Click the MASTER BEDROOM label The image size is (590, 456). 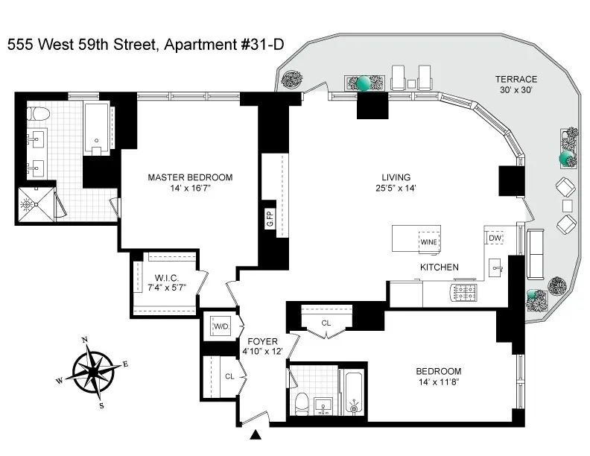[x=190, y=177]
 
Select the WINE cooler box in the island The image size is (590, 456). [x=428, y=242]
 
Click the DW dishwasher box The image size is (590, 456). [x=495, y=238]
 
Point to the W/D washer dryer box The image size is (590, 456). [x=221, y=326]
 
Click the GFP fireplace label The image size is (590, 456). [x=270, y=219]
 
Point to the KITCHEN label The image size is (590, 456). [x=438, y=267]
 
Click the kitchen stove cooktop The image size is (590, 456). [x=466, y=291]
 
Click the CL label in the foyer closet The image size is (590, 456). [x=231, y=376]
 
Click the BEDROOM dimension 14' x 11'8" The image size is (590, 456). [x=439, y=383]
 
